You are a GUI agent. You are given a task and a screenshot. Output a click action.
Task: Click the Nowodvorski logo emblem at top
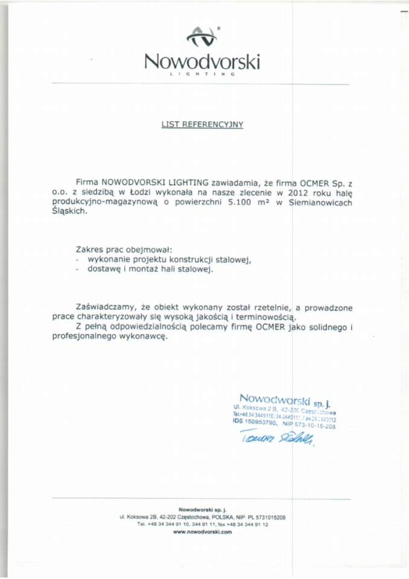click(202, 37)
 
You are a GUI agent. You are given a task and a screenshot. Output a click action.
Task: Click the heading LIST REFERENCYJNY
click(201, 124)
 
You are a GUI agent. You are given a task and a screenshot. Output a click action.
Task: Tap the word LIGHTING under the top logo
click(202, 74)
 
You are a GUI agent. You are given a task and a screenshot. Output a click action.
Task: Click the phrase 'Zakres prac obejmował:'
click(124, 248)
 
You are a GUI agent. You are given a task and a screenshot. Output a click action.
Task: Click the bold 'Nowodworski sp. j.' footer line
click(202, 510)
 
